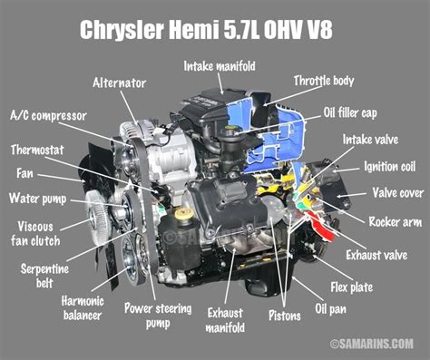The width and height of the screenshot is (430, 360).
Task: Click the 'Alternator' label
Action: click(119, 83)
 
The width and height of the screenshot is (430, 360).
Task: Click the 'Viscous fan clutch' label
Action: click(43, 233)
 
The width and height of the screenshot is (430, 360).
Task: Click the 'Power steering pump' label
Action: click(162, 314)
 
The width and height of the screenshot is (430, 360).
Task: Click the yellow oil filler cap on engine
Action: click(185, 215)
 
